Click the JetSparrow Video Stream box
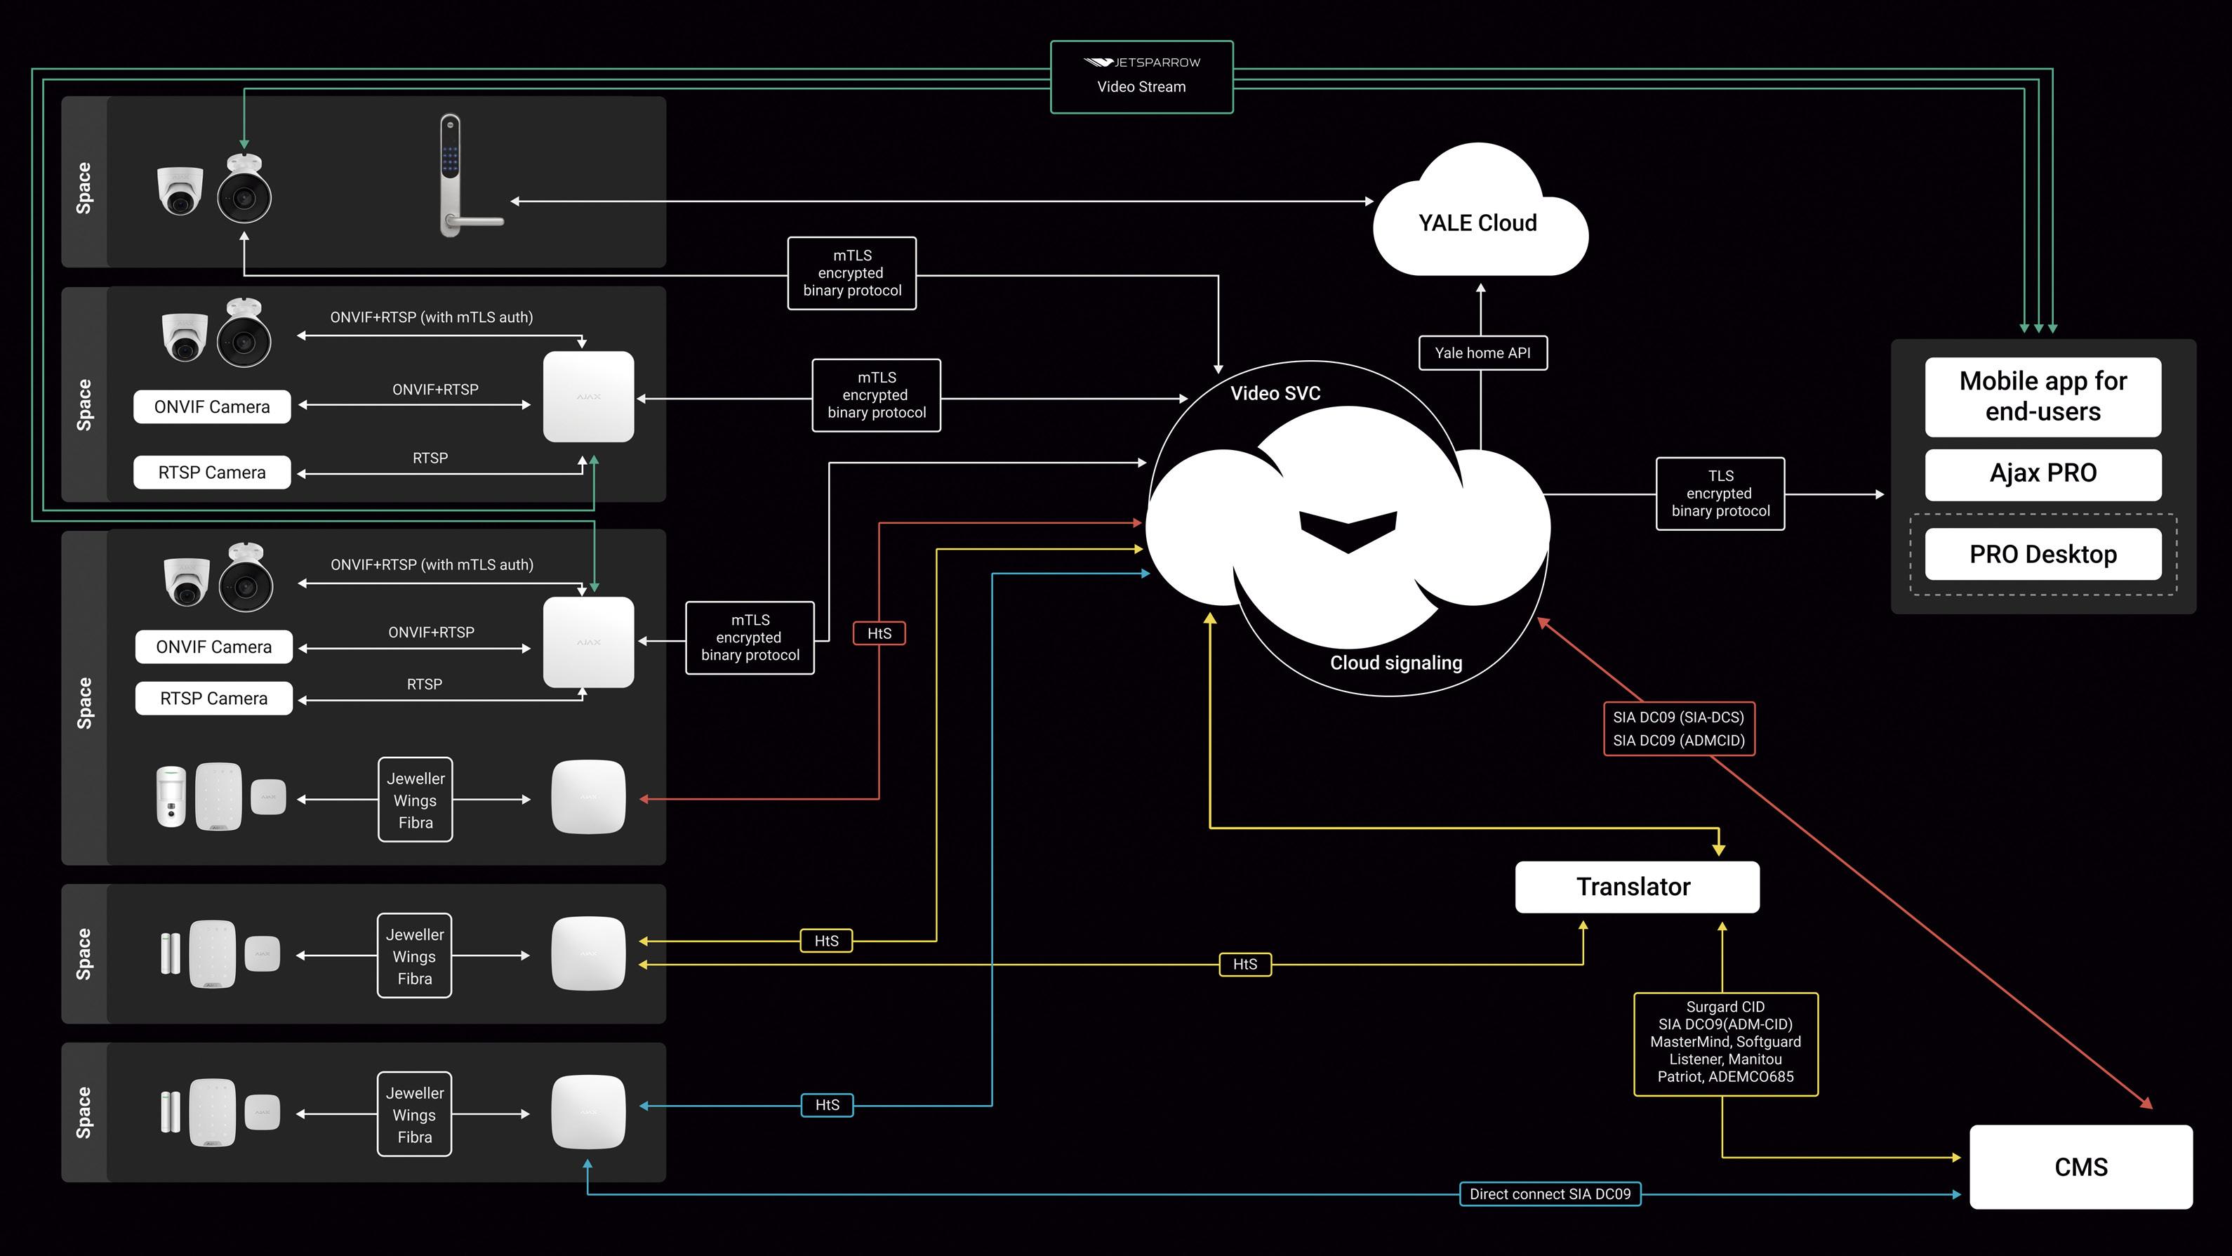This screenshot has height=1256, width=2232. pos(1141,77)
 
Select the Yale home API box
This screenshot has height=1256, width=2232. pos(1482,353)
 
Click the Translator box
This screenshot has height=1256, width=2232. pos(1636,887)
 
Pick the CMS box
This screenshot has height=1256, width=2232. pos(2080,1167)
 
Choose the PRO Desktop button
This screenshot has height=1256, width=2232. pos(2042,554)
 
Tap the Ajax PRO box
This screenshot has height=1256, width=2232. pos(2042,473)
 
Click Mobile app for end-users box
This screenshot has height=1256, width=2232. pos(2042,396)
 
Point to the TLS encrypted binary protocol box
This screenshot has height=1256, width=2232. pos(1720,494)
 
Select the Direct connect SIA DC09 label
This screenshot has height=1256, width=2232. pos(1549,1194)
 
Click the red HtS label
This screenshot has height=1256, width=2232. pos(879,634)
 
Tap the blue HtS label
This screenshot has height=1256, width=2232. pos(827,1105)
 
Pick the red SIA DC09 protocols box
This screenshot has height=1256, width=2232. pos(1678,729)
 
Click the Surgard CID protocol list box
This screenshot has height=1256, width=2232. pos(1725,1043)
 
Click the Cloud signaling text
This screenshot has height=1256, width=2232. pos(1396,663)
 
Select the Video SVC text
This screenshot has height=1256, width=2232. pos(1275,394)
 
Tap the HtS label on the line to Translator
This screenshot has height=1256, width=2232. pos(1244,964)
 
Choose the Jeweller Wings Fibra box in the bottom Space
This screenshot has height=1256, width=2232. pos(414,1115)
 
